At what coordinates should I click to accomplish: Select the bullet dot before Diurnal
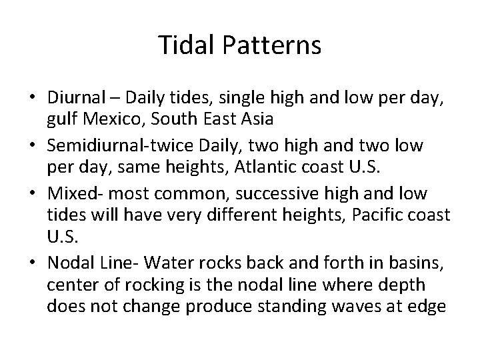[33, 97]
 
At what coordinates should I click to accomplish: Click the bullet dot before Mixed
[33, 193]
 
